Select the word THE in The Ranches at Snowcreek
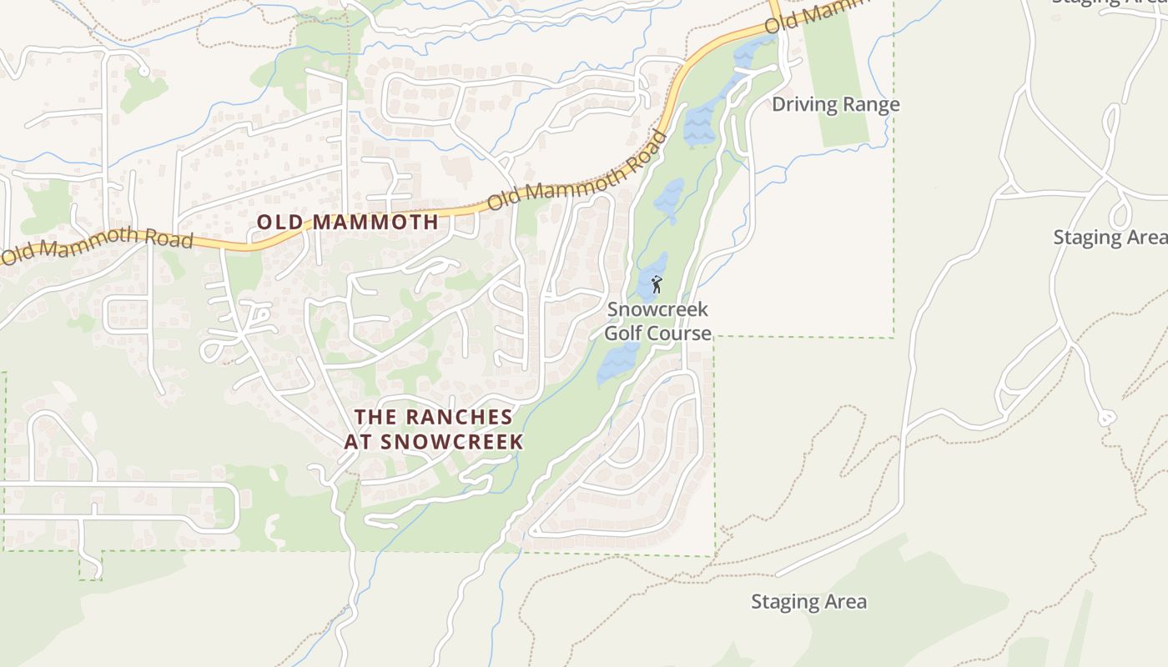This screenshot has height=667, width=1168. click(x=373, y=416)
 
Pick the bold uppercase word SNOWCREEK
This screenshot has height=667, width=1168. click(x=451, y=442)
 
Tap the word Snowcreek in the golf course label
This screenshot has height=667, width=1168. click(x=657, y=309)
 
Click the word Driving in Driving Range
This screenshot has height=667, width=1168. click(x=800, y=104)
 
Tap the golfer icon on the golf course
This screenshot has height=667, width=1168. click(x=657, y=284)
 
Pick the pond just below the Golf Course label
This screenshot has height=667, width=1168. click(x=617, y=363)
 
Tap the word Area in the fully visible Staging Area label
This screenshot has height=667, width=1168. click(x=845, y=602)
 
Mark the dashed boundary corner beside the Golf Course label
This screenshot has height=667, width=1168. click(x=715, y=337)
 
